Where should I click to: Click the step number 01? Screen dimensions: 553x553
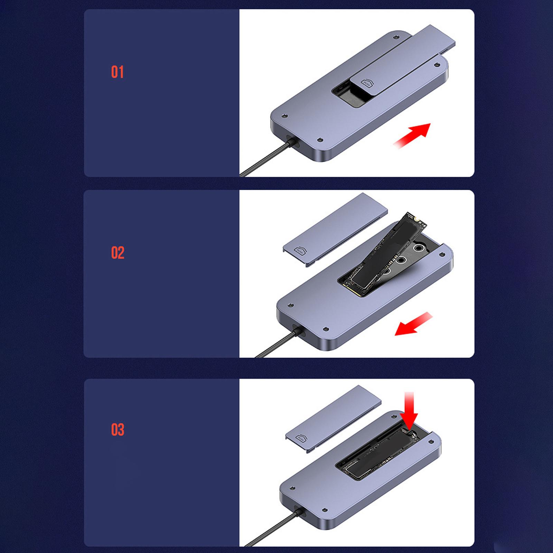point(117,72)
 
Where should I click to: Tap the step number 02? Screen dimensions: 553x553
point(118,253)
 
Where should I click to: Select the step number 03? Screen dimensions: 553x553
point(118,430)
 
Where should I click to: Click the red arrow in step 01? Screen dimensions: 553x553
point(412,135)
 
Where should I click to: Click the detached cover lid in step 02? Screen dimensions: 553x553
point(335,230)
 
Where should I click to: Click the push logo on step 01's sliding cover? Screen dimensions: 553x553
point(366,83)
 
